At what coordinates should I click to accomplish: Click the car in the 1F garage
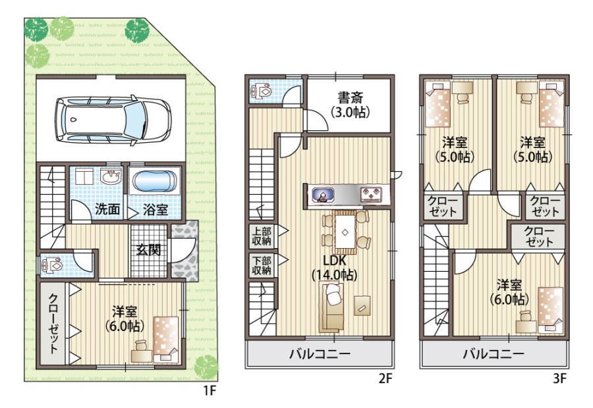pyautogui.click(x=113, y=120)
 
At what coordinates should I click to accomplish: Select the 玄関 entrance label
pyautogui.click(x=149, y=249)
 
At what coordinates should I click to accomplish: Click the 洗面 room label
pyautogui.click(x=107, y=209)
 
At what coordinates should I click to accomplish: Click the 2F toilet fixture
pyautogui.click(x=262, y=91)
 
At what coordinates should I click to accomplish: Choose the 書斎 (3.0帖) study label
pyautogui.click(x=350, y=105)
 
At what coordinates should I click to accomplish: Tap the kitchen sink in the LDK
pyautogui.click(x=324, y=195)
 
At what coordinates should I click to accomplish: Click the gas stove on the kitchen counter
pyautogui.click(x=372, y=195)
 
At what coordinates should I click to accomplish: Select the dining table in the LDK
pyautogui.click(x=345, y=232)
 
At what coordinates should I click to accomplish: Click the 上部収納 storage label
pyautogui.click(x=262, y=236)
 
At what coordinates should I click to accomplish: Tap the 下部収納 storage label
pyautogui.click(x=262, y=266)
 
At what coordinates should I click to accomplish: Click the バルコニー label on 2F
pyautogui.click(x=320, y=354)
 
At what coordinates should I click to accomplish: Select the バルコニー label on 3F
pyautogui.click(x=494, y=354)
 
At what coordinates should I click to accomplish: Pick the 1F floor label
pyautogui.click(x=210, y=390)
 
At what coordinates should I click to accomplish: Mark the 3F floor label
pyautogui.click(x=560, y=378)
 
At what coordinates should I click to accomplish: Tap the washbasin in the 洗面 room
pyautogui.click(x=111, y=176)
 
